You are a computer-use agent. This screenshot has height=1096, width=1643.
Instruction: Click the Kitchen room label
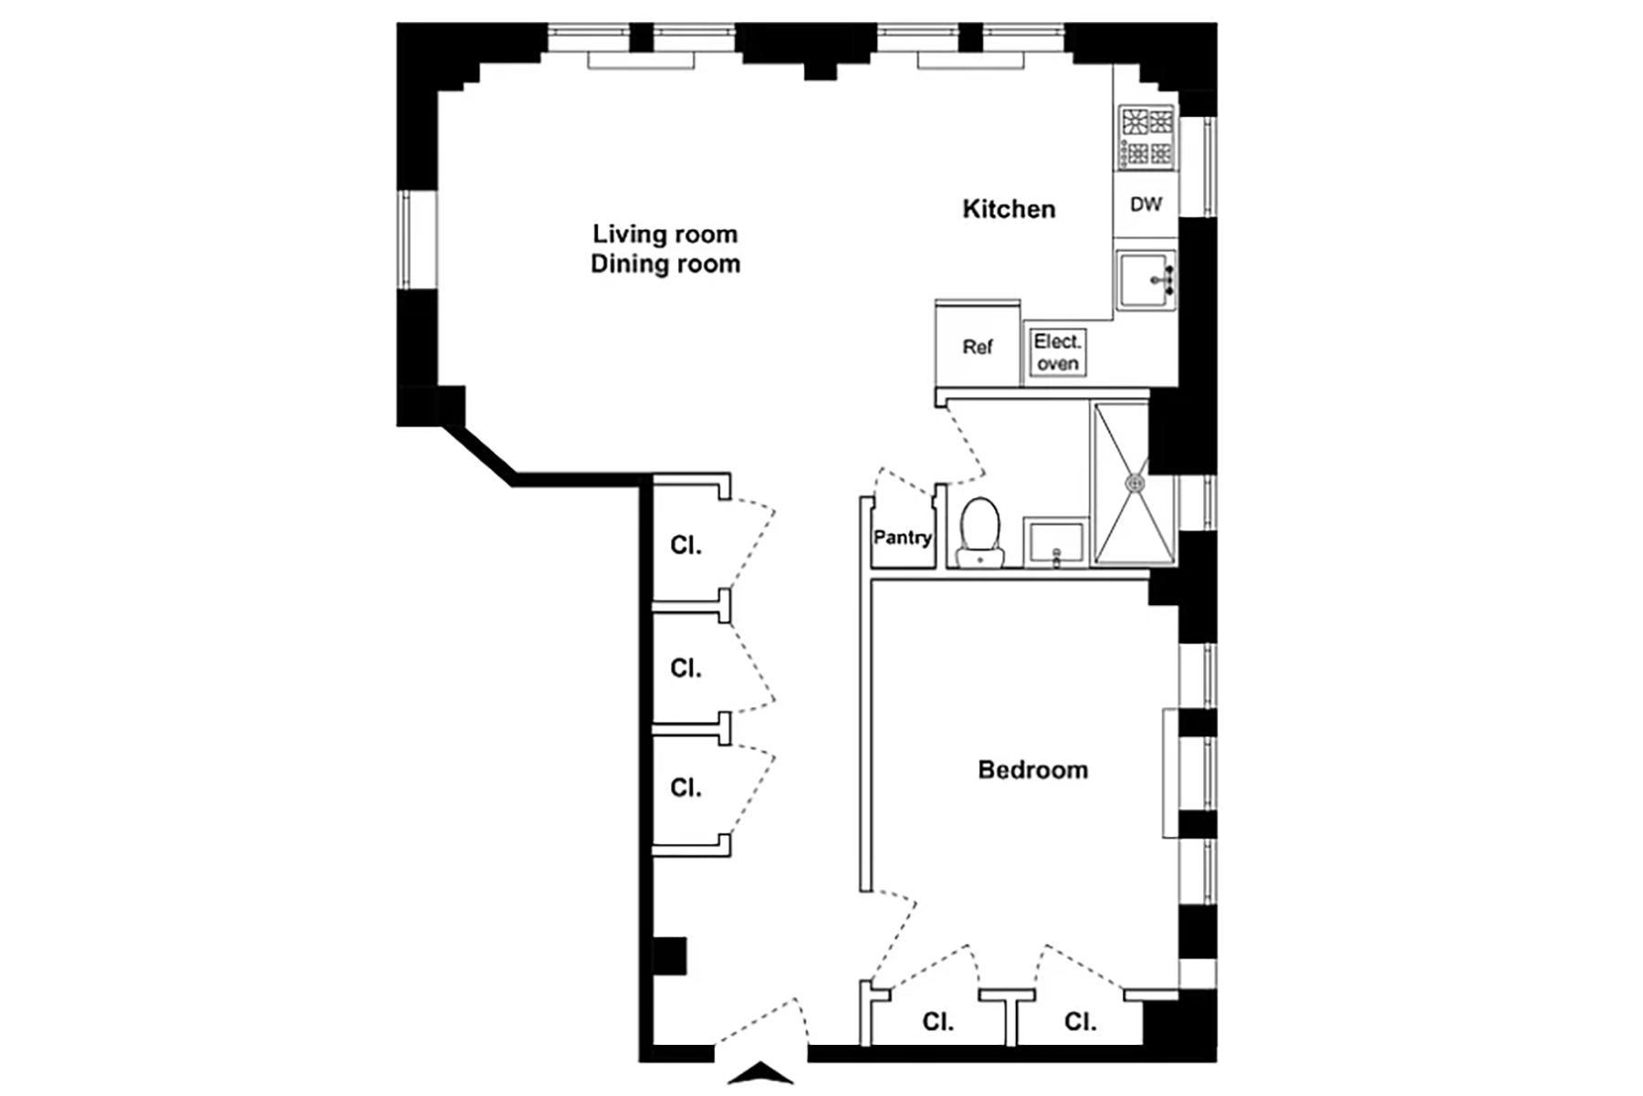1009,209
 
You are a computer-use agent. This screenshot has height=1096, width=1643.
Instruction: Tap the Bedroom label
1032,769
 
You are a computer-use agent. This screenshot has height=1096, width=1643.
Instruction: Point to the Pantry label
903,538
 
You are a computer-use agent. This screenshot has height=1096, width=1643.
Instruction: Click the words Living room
665,235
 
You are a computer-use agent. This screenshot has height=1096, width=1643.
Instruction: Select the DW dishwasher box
1146,204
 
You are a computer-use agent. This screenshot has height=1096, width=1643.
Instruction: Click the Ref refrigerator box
978,344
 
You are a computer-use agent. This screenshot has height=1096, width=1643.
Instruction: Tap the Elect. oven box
1057,352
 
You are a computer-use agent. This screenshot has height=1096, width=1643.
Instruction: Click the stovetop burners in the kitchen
1147,137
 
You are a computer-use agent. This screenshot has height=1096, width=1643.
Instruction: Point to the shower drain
1135,483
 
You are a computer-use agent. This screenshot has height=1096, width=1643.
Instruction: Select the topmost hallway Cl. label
685,546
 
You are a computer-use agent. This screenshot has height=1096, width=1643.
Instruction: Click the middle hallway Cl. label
685,669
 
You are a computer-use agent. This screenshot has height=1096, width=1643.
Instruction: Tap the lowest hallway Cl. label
685,788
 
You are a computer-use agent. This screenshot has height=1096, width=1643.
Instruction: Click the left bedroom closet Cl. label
937,1022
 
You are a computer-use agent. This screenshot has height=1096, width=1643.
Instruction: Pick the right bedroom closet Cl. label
1080,1022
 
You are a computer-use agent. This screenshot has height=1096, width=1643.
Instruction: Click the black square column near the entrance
670,955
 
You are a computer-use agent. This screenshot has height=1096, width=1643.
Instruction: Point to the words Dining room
665,265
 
